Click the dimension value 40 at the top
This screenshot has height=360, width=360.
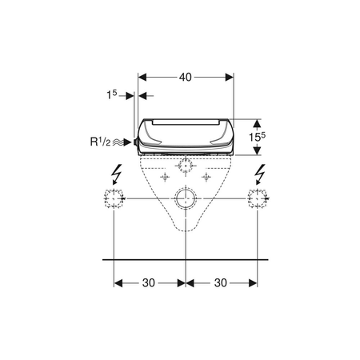186,78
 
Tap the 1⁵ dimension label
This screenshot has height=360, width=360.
112,94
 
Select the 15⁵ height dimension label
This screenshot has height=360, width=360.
258,137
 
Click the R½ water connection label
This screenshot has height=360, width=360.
100,142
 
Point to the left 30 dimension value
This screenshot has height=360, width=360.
149,283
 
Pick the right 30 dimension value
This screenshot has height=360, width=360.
221,283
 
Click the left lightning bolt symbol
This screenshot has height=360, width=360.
117,174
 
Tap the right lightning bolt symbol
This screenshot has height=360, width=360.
260,174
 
